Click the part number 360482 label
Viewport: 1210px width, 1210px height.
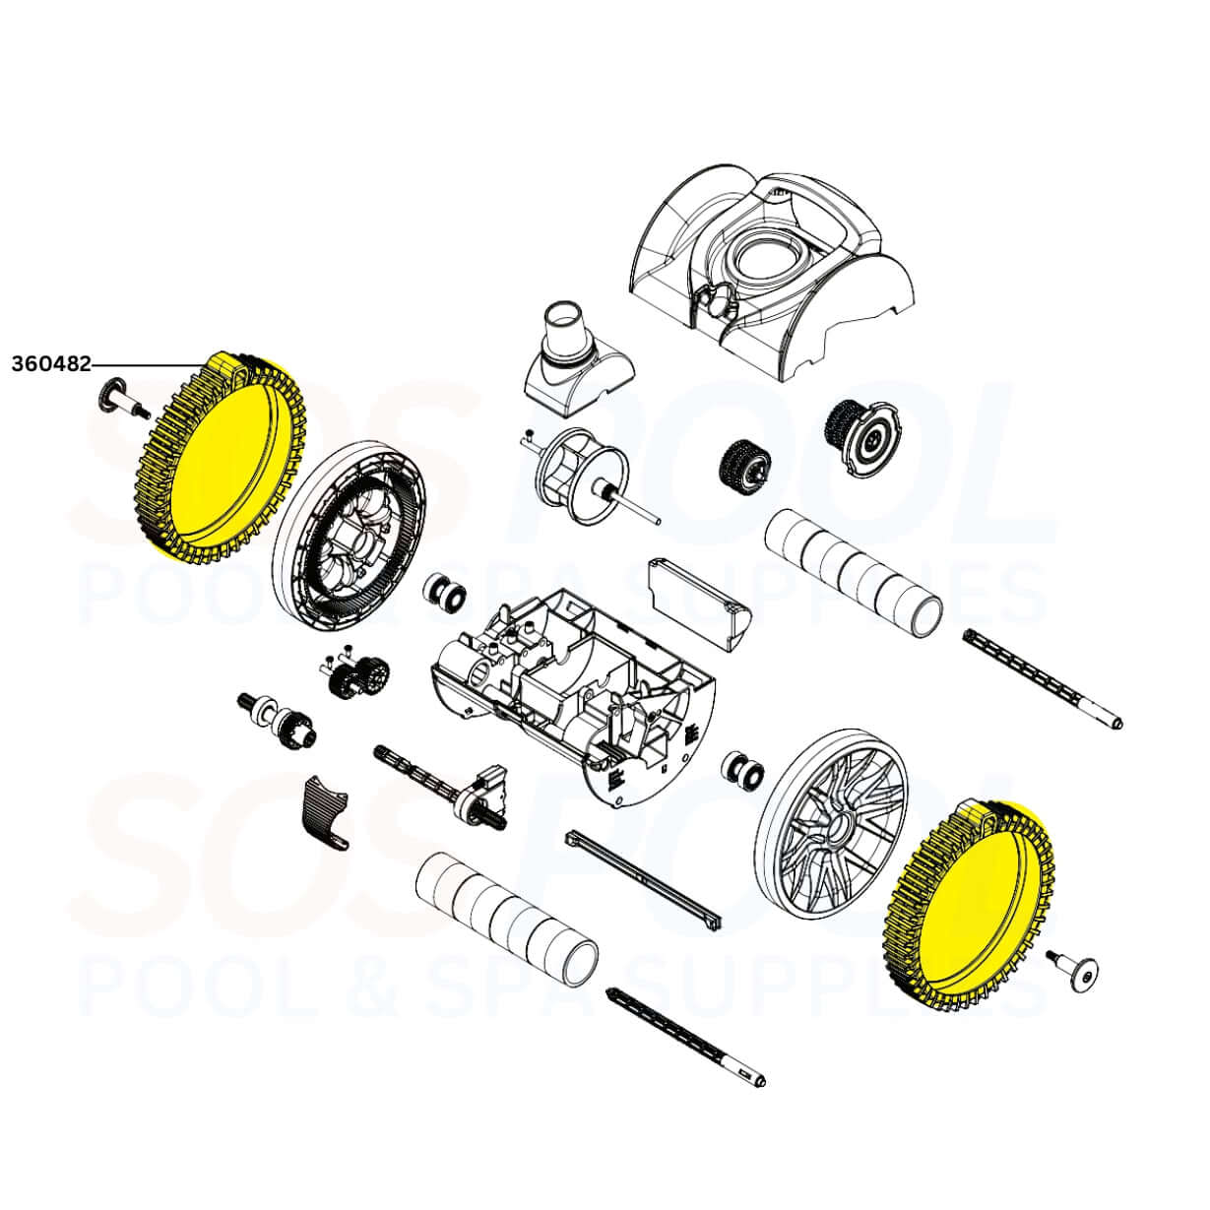51,364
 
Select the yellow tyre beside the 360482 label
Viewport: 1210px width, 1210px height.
221,454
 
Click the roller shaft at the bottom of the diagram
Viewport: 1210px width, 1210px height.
686,1041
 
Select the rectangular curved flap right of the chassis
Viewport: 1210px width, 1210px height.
697,597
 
